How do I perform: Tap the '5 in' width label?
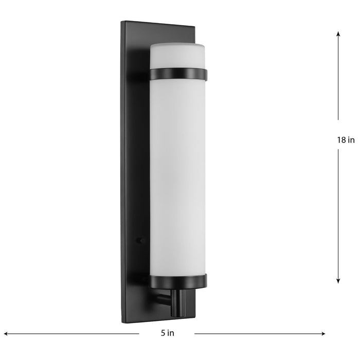167,333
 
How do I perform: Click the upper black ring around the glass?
178,75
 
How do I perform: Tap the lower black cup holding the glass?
178,280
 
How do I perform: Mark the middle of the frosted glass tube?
177,175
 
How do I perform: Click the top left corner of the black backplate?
122,22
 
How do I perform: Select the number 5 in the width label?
163,333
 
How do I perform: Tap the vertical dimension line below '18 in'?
338,216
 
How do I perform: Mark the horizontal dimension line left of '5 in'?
72,333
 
